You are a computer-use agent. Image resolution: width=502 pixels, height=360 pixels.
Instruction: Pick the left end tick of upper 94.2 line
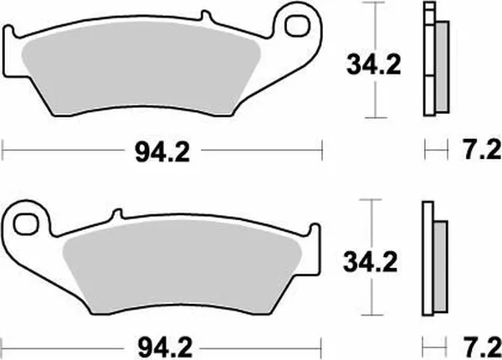click(x=5, y=152)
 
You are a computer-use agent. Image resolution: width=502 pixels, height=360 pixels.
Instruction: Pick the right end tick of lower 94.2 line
click(x=322, y=344)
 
